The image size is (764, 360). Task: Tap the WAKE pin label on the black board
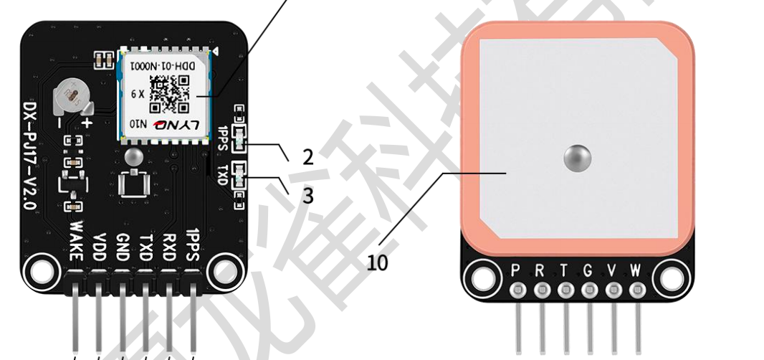pos(77,238)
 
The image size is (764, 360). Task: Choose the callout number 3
pos(307,196)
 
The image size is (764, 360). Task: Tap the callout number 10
pos(378,262)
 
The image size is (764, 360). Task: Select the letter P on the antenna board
pos(517,270)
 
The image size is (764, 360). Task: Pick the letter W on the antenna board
pos(636,270)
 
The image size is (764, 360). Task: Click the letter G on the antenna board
pos(588,270)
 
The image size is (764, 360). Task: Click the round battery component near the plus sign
pos(72,95)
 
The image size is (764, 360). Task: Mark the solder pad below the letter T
pos(565,290)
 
